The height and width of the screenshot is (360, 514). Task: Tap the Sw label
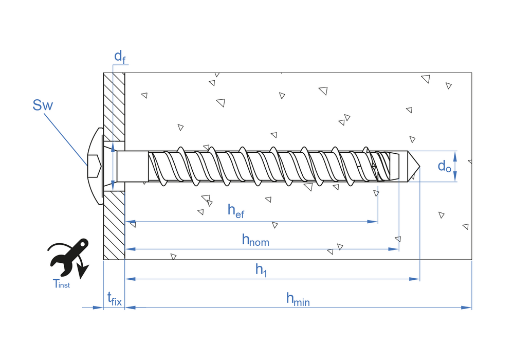[x=43, y=105]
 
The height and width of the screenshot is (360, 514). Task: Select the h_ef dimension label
[x=236, y=211]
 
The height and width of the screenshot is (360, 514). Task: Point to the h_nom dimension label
[x=255, y=239]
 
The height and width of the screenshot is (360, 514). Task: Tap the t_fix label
[x=114, y=298]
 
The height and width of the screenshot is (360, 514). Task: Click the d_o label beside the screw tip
[x=444, y=166]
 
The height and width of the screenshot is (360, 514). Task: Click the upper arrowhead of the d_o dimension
[x=455, y=154]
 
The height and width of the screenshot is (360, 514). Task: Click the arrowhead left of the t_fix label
[x=98, y=308]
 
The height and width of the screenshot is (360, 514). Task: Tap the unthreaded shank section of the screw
[x=132, y=166]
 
